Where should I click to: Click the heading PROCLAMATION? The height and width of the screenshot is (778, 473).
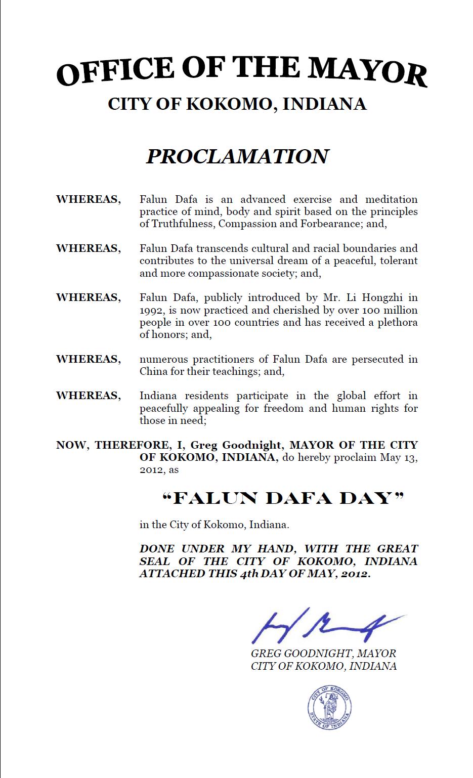click(238, 156)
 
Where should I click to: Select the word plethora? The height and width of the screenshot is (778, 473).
click(398, 322)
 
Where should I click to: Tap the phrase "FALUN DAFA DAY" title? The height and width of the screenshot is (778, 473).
click(283, 499)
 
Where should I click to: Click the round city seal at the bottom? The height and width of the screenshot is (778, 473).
click(329, 707)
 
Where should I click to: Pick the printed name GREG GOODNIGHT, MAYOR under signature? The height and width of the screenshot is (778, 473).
click(323, 654)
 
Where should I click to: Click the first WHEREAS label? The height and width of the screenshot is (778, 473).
click(89, 199)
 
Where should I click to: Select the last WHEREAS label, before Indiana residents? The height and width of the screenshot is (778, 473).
click(89, 396)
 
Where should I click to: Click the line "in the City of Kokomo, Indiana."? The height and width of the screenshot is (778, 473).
click(214, 525)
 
